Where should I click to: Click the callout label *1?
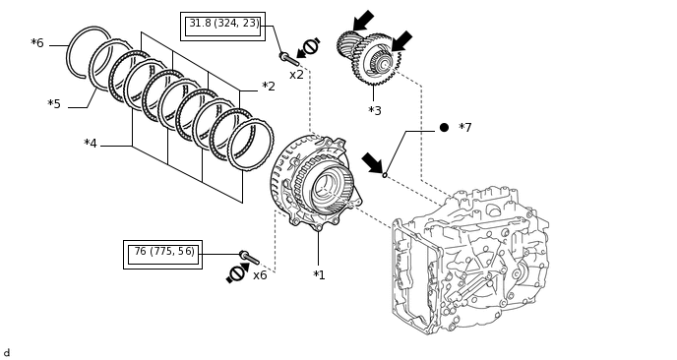[x=319, y=275]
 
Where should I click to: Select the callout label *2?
[x=269, y=87]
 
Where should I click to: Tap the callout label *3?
[x=375, y=111]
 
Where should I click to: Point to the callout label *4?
[x=91, y=144]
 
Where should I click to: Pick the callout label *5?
[x=54, y=104]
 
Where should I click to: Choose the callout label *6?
[x=37, y=43]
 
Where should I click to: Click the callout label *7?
[x=465, y=127]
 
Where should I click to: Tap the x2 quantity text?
[x=296, y=75]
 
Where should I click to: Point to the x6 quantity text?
[x=260, y=275]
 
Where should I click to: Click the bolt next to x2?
[x=289, y=59]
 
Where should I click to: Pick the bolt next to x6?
[x=250, y=258]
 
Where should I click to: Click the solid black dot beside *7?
[x=444, y=127]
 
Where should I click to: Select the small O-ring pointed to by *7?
[x=385, y=175]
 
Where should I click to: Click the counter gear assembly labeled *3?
[x=369, y=57]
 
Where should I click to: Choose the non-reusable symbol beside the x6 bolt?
[x=237, y=273]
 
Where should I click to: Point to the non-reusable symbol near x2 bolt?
[x=309, y=47]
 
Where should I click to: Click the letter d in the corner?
[x=6, y=353]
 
